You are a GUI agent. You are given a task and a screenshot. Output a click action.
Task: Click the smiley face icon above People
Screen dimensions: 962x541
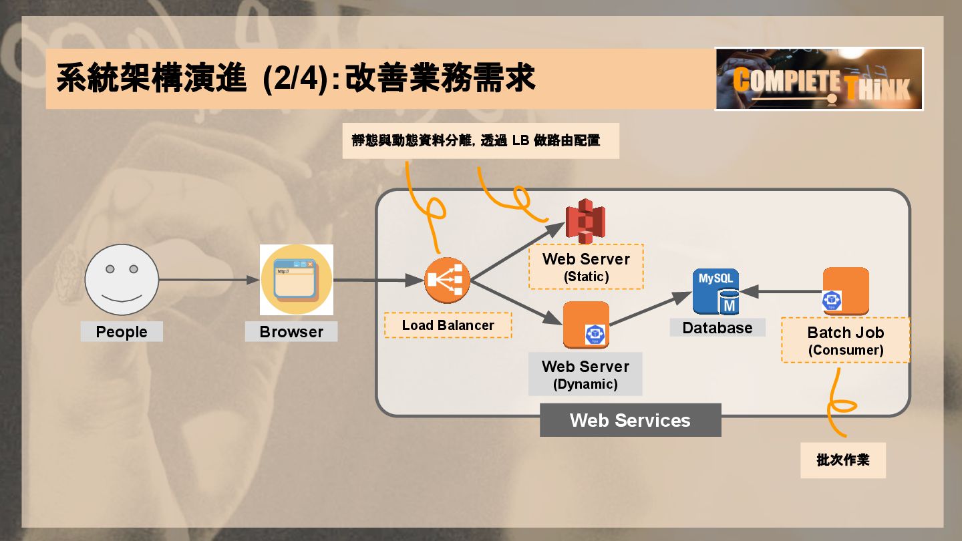pos(122,280)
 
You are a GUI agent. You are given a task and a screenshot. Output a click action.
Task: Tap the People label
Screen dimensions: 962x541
pos(122,332)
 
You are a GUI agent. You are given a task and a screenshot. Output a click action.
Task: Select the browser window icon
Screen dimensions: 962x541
pos(297,280)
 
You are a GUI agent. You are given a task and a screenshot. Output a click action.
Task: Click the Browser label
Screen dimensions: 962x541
pos(291,332)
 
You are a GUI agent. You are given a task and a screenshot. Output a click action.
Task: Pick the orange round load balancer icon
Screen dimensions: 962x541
pos(447,280)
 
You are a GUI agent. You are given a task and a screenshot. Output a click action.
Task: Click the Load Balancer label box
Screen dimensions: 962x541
pos(448,325)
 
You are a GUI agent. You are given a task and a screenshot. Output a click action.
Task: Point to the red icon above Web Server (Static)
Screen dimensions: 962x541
pos(585,221)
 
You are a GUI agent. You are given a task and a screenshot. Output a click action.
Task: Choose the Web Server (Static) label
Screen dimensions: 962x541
pos(586,266)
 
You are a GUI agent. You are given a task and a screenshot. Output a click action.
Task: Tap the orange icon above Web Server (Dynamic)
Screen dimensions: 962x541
pos(586,325)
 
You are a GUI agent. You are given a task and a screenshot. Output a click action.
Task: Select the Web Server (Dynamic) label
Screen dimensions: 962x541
pos(585,374)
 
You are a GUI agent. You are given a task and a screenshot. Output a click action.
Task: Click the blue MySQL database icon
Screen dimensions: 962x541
pos(715,291)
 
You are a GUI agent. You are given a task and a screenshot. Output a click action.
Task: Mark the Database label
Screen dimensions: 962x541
pos(717,328)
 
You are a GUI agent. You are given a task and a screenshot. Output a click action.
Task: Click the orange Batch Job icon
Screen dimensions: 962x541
pos(845,291)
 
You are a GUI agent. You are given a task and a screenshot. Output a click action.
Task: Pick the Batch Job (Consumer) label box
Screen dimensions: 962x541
pos(846,340)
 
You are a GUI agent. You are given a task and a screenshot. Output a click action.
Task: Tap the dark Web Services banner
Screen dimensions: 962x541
pos(631,420)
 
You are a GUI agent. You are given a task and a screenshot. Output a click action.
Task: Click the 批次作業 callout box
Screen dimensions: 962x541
pos(843,460)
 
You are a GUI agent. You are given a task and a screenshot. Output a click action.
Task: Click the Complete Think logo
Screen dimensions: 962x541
pos(819,79)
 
